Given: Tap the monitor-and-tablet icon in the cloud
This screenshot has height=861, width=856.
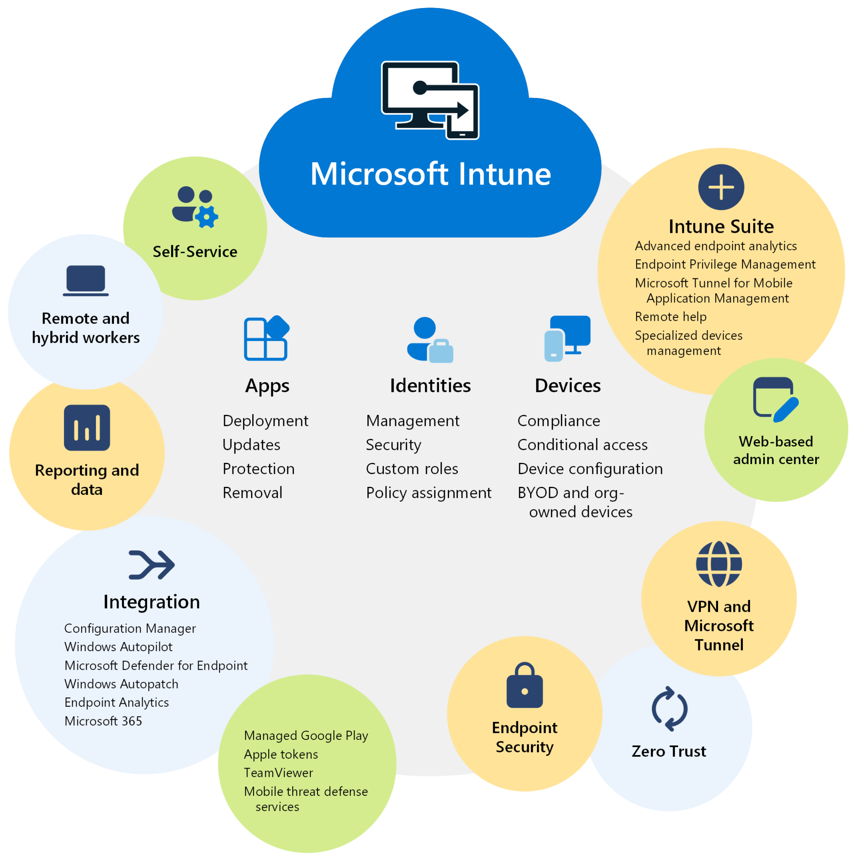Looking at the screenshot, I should click(x=430, y=100).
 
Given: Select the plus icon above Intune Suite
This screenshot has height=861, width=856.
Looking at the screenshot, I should click(x=721, y=187).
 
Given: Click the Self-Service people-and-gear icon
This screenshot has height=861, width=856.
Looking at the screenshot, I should click(x=195, y=207).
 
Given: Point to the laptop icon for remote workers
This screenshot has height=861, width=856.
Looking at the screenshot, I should click(x=85, y=280).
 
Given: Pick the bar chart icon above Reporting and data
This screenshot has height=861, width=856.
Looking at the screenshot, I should click(x=87, y=428).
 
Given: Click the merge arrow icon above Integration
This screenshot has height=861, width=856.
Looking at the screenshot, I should click(x=151, y=565).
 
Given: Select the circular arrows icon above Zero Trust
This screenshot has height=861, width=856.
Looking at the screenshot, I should click(x=669, y=708).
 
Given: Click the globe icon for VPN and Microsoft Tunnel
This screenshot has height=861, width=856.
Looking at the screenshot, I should click(x=719, y=564).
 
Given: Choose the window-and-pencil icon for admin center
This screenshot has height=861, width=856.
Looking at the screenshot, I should click(x=775, y=399).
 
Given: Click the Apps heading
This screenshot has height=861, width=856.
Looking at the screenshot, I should click(x=267, y=386).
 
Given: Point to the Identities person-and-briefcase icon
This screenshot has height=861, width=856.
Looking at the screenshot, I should click(x=430, y=340).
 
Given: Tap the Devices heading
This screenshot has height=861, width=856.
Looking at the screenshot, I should click(x=567, y=386).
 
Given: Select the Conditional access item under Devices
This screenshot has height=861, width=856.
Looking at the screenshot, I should click(x=582, y=445).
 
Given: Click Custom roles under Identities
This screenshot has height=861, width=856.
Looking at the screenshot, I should click(x=412, y=469).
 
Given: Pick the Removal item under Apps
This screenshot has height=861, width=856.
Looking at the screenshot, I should click(x=252, y=493).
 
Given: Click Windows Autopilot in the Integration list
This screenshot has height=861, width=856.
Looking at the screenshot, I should click(x=118, y=647).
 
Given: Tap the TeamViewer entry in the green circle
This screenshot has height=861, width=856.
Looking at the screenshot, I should click(x=278, y=773).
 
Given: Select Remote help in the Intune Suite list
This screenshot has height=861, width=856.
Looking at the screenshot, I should click(x=670, y=317).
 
